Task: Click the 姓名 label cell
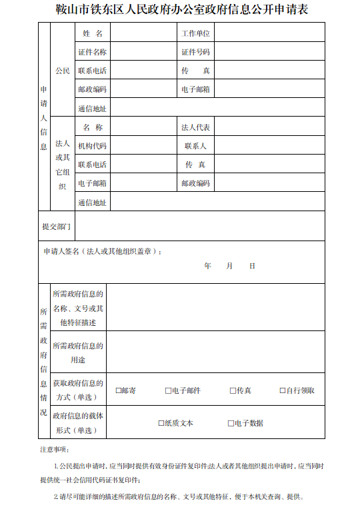[93, 33]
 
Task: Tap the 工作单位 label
[195, 33]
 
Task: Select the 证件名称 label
[92, 51]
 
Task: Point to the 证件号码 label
[195, 51]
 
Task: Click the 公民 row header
[63, 70]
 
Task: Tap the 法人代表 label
[195, 127]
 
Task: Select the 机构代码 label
[92, 145]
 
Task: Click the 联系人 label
[195, 145]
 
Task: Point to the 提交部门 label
[56, 227]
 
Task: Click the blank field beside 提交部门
[200, 227]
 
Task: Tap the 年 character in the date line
[208, 266]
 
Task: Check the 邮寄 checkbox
[119, 390]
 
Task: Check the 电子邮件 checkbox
[168, 390]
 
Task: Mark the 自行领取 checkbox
[283, 390]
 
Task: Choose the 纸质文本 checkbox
[161, 423]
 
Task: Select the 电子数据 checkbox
[231, 423]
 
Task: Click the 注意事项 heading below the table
[55, 450]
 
